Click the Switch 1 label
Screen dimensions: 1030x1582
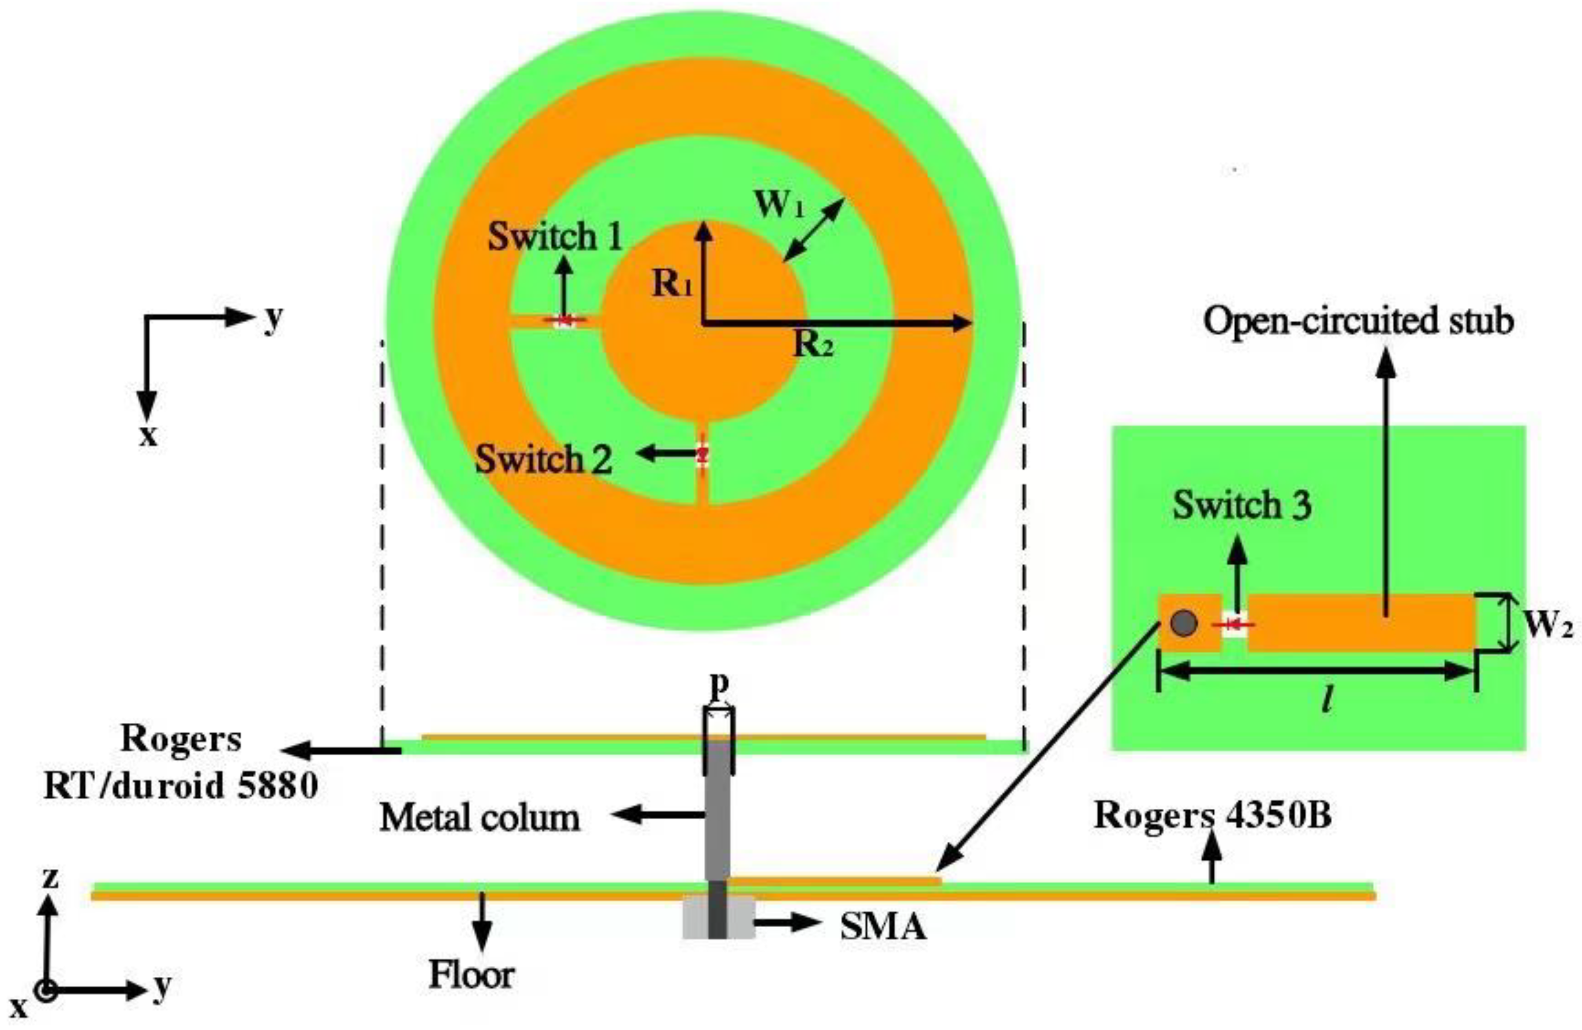554,238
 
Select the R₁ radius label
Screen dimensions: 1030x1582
672,285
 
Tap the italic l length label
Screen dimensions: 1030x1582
1327,700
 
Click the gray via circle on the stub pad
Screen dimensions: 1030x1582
1184,623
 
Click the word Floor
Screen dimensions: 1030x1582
471,975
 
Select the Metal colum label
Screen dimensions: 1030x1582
480,817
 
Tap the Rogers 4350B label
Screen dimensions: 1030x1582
1213,816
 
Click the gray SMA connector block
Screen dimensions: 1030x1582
718,918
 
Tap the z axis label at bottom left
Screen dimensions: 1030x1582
50,878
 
